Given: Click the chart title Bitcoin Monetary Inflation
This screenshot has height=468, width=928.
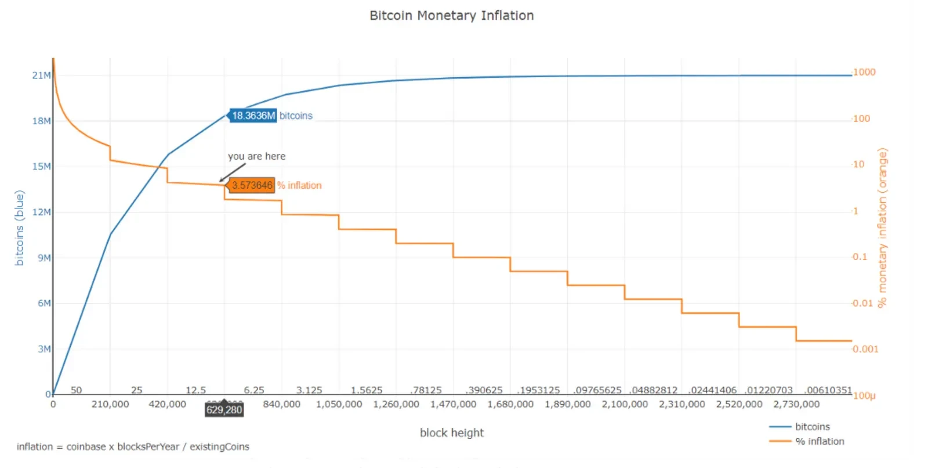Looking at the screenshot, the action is [452, 16].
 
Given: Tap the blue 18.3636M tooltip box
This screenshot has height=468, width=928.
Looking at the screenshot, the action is [253, 116].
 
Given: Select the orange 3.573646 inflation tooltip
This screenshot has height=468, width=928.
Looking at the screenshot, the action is [251, 185].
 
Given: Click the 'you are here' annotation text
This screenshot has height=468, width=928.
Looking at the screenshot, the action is [256, 156].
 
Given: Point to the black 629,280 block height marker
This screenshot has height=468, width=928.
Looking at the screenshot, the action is [224, 410].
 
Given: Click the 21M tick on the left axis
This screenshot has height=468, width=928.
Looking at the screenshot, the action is [41, 75].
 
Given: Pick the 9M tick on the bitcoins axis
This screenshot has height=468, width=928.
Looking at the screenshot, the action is [44, 258].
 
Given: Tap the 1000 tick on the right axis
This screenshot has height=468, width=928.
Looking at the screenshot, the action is [864, 72].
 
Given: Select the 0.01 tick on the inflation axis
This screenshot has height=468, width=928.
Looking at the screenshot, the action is [863, 303].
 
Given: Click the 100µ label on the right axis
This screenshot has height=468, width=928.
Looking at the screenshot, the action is [864, 396].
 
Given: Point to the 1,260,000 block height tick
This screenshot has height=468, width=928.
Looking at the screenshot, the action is [396, 404].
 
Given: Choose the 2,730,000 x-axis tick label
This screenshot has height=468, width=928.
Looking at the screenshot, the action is [796, 404].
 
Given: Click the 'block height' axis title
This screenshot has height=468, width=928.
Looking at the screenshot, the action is [452, 433].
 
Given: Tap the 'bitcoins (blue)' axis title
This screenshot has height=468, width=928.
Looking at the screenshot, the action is [19, 228].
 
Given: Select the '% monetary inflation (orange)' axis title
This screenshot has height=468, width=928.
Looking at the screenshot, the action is [882, 228].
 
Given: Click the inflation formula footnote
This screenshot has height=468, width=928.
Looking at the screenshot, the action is [133, 447].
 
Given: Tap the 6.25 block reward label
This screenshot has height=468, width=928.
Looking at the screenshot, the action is [254, 390].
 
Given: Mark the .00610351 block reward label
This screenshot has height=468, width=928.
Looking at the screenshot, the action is [828, 390].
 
